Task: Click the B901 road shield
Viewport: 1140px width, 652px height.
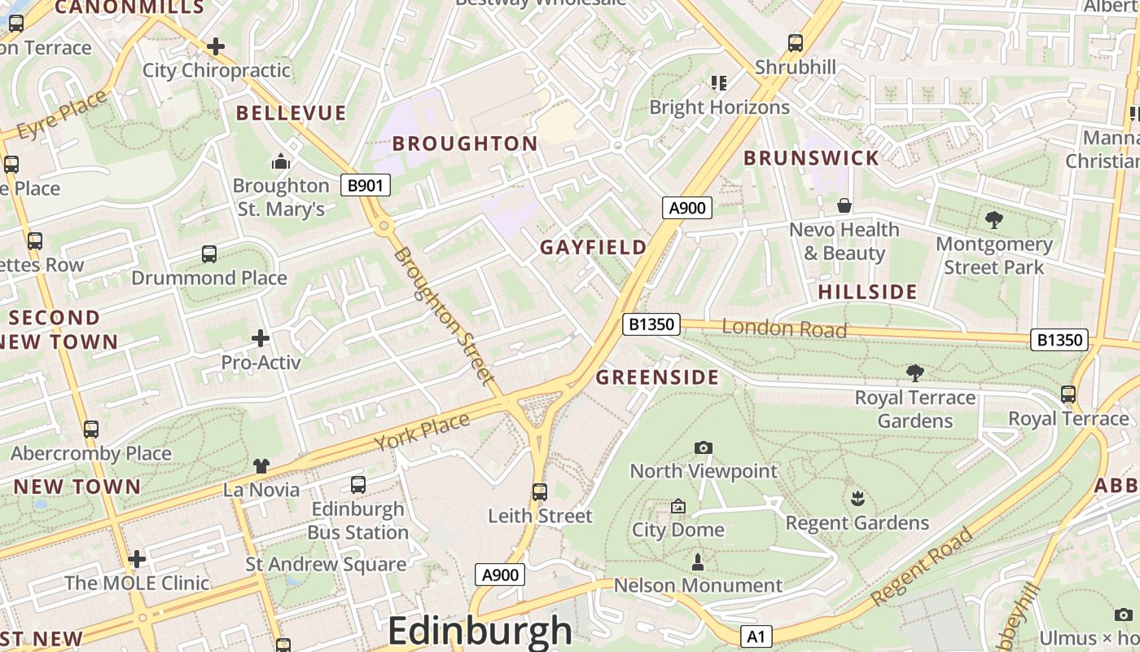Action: (365, 185)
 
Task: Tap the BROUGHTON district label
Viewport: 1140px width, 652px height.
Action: (465, 143)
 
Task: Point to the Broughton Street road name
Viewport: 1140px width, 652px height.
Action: (444, 316)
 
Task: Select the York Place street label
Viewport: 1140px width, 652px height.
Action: (422, 432)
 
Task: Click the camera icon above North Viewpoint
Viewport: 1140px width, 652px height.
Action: (704, 447)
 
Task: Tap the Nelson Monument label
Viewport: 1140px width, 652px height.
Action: (697, 585)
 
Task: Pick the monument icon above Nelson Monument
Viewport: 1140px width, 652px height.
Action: (697, 562)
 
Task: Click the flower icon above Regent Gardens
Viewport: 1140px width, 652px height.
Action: (857, 498)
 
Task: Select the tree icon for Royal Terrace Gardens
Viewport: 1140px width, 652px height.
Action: (914, 373)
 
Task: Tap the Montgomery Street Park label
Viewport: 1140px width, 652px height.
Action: (993, 255)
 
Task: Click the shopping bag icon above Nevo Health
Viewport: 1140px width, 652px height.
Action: (844, 205)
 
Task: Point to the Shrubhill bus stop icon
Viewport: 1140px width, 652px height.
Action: (796, 43)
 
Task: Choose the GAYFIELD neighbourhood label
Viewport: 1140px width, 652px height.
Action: (593, 247)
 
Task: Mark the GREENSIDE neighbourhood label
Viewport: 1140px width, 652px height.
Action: (657, 377)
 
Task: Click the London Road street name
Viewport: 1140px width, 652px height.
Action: (784, 328)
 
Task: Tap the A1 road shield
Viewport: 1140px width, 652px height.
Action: (756, 636)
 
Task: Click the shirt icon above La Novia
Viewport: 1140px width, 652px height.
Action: (261, 466)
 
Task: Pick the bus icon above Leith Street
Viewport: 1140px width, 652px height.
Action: (539, 492)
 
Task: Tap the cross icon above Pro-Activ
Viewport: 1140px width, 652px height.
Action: (261, 337)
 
